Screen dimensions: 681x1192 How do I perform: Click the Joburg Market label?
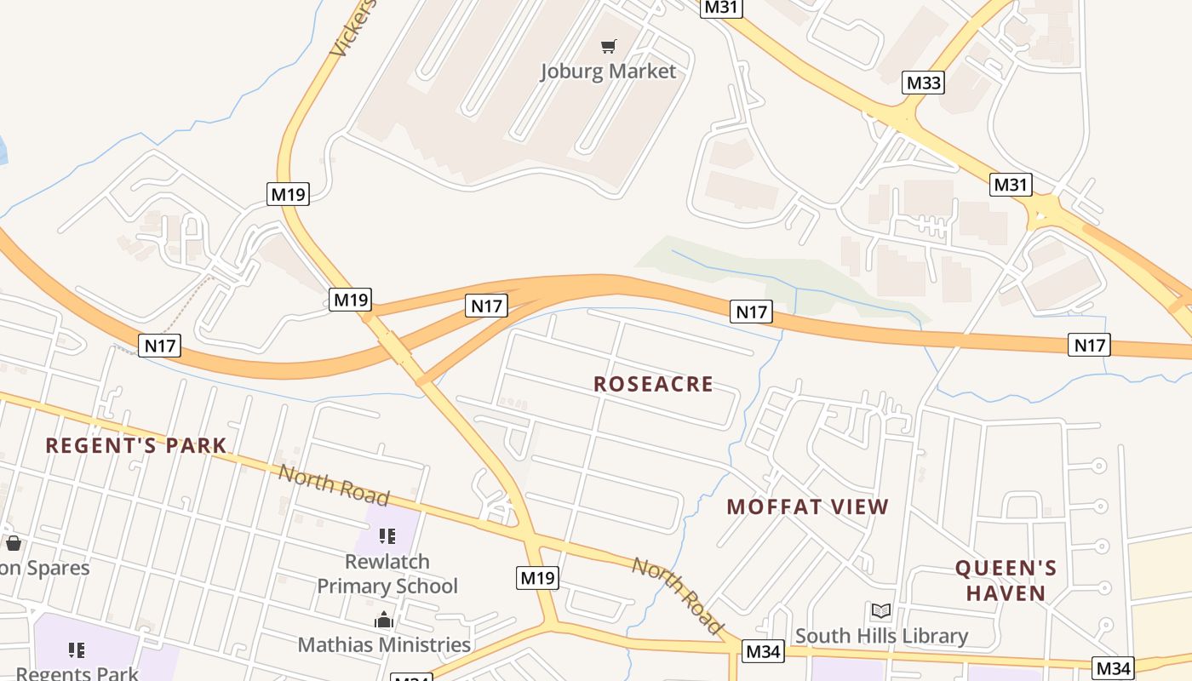pos(608,71)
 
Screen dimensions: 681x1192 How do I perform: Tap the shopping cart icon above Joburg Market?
pos(608,46)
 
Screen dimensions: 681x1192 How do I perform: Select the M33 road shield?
pos(923,83)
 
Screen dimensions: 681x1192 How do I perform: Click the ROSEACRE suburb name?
pos(653,384)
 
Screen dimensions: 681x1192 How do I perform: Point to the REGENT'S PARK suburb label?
pos(136,445)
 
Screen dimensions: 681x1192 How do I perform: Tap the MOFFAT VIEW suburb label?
pos(807,507)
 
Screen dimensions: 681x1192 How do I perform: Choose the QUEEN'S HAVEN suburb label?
pos(1006,581)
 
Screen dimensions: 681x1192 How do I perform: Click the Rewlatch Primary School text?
pos(387,574)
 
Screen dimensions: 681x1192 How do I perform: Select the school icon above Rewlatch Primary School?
pos(387,536)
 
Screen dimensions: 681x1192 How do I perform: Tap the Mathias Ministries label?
pos(384,644)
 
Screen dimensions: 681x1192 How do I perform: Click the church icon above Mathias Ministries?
pos(384,620)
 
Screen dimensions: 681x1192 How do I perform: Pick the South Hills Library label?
pos(881,636)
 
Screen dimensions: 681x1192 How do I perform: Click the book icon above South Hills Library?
pos(881,611)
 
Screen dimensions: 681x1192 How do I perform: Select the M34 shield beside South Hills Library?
pos(762,652)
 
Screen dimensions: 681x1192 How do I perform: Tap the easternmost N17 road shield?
pos(1089,345)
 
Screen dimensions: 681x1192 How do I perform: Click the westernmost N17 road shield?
pos(159,346)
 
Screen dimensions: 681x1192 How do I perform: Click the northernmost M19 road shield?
pos(288,194)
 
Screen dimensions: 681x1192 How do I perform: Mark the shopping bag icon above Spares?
pos(13,543)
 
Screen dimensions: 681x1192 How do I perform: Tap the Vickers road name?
pos(352,30)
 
